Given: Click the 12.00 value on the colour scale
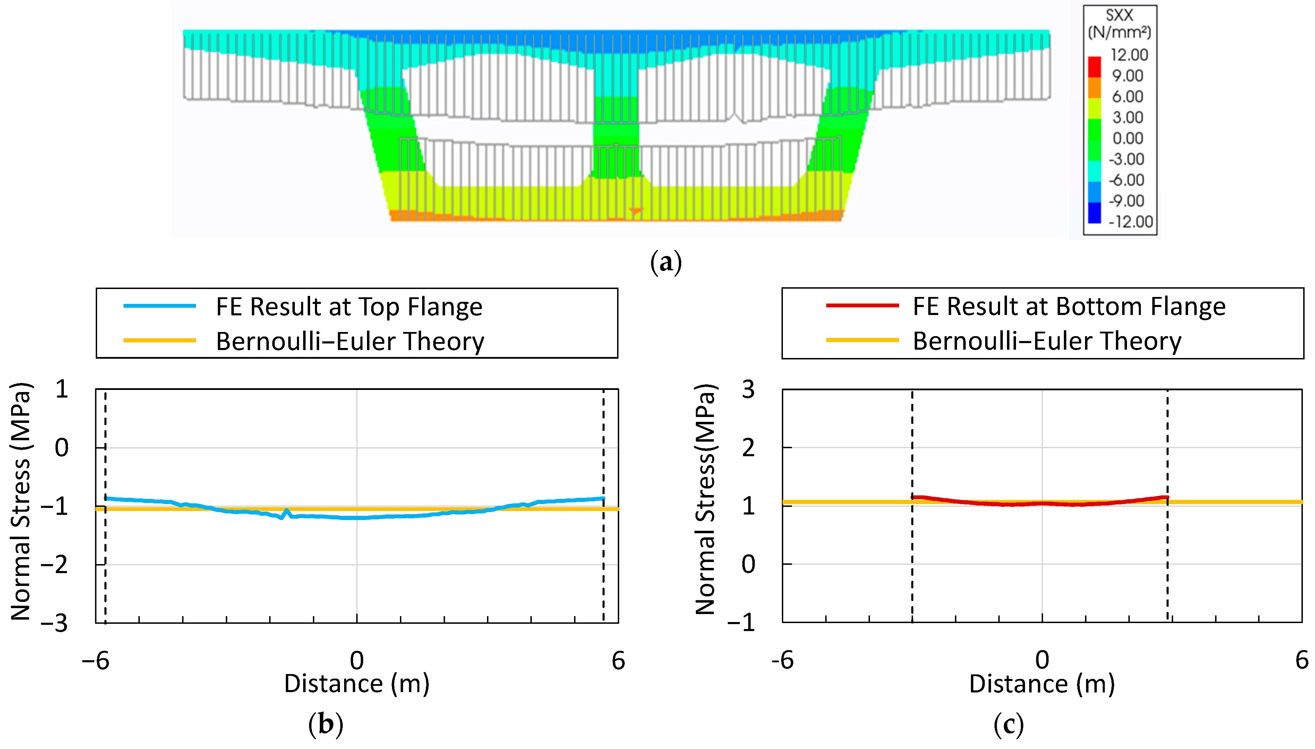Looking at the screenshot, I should [x=1128, y=54].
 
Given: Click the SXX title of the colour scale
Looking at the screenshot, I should [x=1119, y=15].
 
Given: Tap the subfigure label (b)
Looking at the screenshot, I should [x=325, y=724].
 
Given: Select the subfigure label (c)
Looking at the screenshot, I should [x=1008, y=724].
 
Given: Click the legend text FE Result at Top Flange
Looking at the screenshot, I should [x=349, y=307].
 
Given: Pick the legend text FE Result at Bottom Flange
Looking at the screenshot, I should [x=1069, y=307].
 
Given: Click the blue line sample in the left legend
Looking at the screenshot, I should [x=160, y=306].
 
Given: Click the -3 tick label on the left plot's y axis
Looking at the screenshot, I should [x=54, y=623].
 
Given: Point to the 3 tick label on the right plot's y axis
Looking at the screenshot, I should [x=748, y=390].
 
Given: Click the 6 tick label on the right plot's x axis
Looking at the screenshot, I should [x=1301, y=660].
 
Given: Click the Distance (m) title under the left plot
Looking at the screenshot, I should [x=356, y=684].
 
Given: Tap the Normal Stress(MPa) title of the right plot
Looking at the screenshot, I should [x=705, y=499].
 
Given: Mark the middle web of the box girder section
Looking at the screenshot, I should [x=616, y=129].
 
